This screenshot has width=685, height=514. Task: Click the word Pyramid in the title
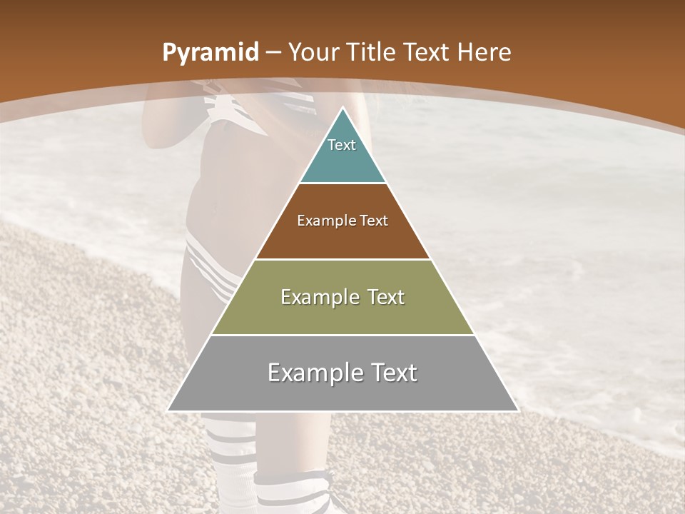[210, 53]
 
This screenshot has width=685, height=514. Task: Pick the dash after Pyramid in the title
[273, 53]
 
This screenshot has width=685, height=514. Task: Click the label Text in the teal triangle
[342, 145]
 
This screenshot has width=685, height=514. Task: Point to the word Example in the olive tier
[320, 298]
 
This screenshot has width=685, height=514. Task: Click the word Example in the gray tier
[315, 373]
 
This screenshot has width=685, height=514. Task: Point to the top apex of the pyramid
[342, 109]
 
